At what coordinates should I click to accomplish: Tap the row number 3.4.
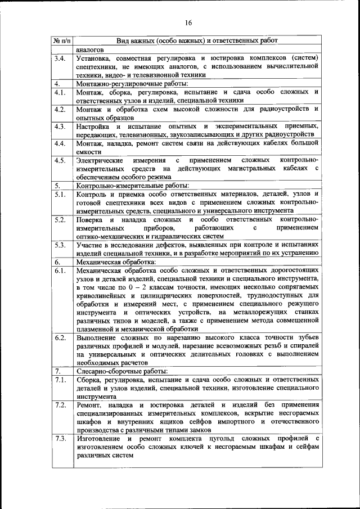(x=60, y=58)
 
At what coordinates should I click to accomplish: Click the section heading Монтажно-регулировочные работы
(x=125, y=83)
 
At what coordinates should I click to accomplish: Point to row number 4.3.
(x=60, y=126)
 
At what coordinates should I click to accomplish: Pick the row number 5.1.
(x=60, y=194)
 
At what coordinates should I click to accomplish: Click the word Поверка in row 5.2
(x=90, y=219)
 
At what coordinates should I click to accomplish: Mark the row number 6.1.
(x=60, y=271)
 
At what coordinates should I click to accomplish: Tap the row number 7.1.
(x=60, y=380)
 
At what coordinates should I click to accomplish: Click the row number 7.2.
(x=60, y=405)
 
